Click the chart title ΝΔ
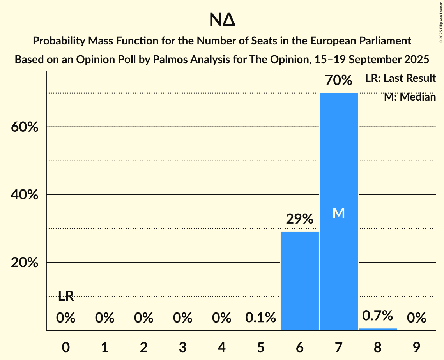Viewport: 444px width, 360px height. (x=222, y=20)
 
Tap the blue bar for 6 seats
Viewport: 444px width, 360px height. (x=299, y=281)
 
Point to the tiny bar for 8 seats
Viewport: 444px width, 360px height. (x=377, y=329)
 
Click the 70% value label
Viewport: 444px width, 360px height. (x=338, y=81)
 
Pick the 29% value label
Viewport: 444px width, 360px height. (x=299, y=219)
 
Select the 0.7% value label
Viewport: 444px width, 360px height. (x=377, y=316)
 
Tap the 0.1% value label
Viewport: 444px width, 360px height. (x=260, y=318)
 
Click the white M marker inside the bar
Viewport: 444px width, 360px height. (x=338, y=213)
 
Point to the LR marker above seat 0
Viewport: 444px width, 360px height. (x=66, y=296)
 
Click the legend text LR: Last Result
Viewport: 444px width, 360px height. (x=400, y=78)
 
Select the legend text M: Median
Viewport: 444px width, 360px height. (x=410, y=97)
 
